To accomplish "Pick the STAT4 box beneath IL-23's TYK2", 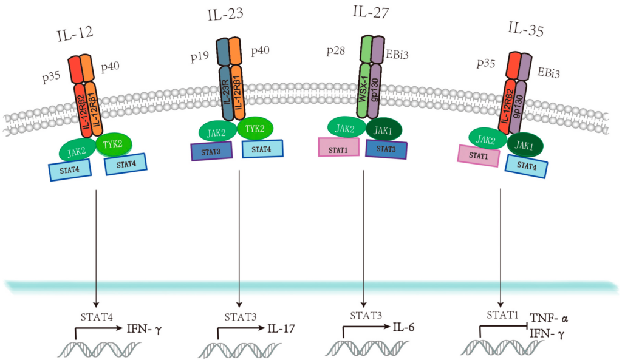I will [262, 148].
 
